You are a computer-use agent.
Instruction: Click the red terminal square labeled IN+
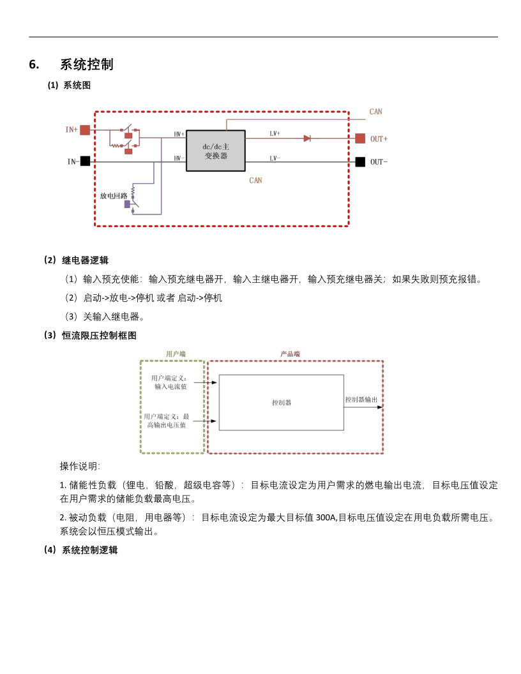click(x=85, y=130)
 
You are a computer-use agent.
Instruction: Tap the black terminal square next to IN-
click(x=85, y=161)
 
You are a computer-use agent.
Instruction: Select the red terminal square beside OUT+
click(x=360, y=139)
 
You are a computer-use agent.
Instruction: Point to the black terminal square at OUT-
click(x=360, y=161)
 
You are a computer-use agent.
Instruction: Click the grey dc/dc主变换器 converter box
click(x=216, y=151)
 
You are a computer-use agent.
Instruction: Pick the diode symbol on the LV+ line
click(x=307, y=139)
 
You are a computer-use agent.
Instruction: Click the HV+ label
click(x=179, y=134)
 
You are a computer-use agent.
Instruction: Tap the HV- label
click(x=179, y=158)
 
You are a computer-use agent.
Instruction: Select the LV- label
click(x=275, y=158)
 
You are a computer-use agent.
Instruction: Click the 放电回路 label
click(x=114, y=196)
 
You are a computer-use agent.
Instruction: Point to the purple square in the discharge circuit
click(x=127, y=204)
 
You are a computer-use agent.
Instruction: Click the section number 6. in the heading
click(x=34, y=64)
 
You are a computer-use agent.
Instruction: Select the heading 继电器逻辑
click(x=85, y=260)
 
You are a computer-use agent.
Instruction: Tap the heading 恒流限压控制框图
click(x=100, y=335)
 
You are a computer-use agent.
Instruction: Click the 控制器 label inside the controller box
click(x=282, y=403)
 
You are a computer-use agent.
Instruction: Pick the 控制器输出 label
click(x=361, y=400)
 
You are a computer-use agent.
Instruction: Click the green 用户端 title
click(x=176, y=354)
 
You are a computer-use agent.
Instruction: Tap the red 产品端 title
click(x=290, y=354)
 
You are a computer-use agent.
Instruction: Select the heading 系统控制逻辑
click(x=90, y=550)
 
